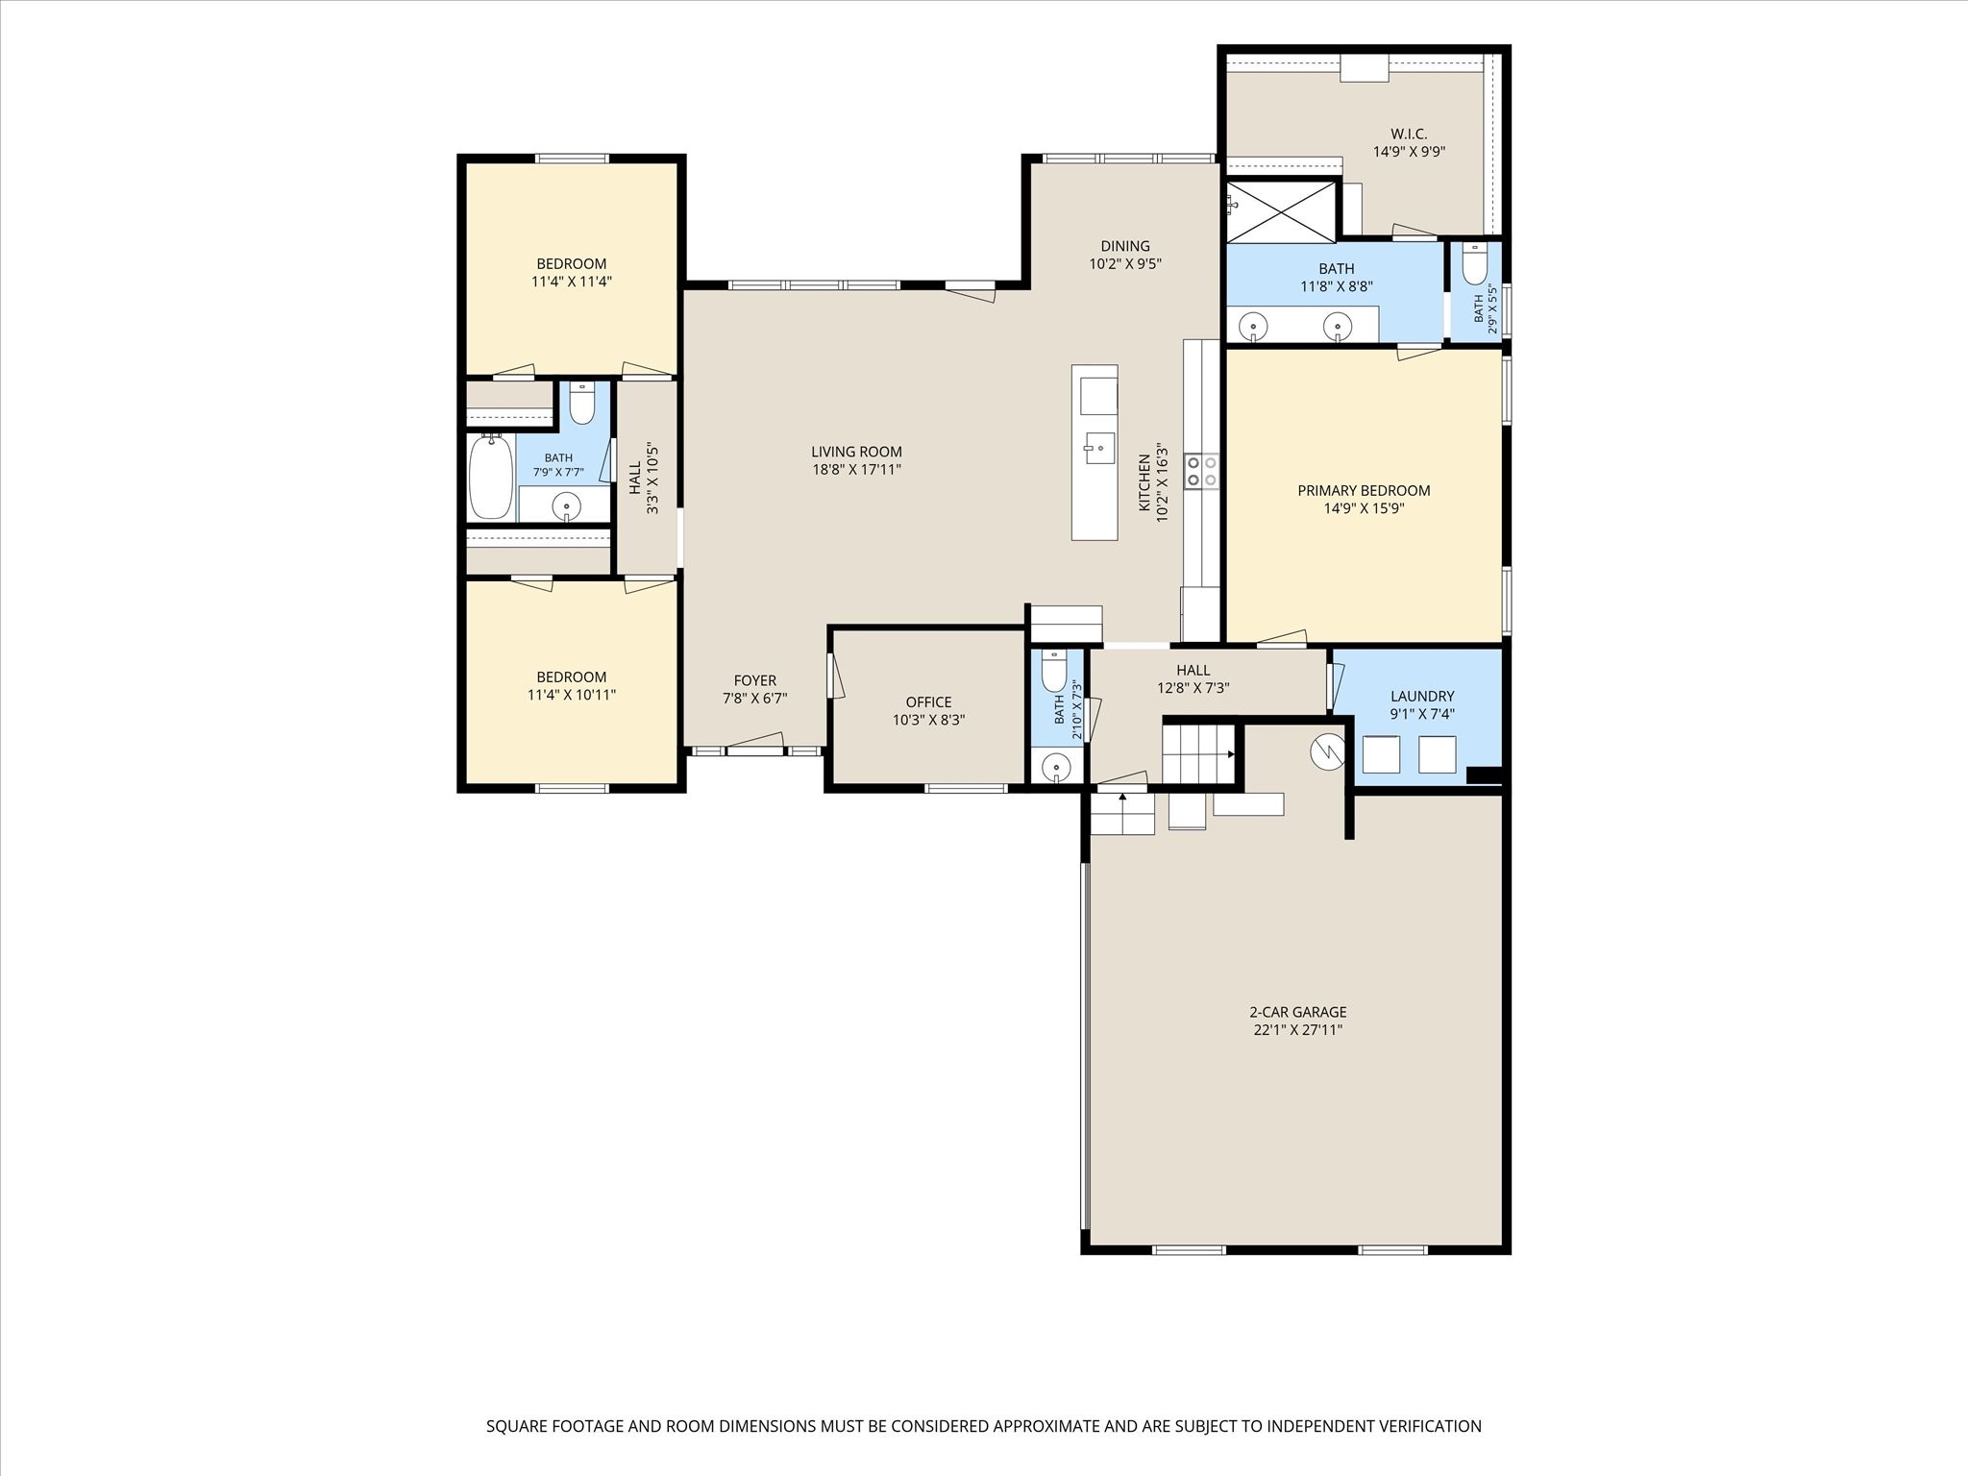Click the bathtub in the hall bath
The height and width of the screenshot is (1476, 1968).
[490, 477]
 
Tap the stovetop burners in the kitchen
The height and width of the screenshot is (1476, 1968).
[1202, 471]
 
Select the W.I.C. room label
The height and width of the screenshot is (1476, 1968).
[1409, 134]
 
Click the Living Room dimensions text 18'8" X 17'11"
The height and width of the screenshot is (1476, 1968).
[856, 470]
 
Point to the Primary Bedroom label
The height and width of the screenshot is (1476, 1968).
[1364, 490]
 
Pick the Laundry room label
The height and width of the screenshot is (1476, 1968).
[1422, 696]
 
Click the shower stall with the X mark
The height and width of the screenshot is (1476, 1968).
[1282, 210]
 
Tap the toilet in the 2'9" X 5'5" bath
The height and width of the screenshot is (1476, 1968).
[1474, 263]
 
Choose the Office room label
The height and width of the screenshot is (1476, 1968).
[928, 701]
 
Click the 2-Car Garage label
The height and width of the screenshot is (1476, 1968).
[1297, 1012]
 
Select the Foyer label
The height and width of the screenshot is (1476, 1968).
[755, 680]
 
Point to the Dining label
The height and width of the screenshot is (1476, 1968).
[1125, 246]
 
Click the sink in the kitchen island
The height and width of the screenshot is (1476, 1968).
[1098, 448]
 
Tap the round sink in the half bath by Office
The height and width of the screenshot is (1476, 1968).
[1056, 767]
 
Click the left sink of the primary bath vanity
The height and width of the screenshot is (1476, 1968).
[1253, 328]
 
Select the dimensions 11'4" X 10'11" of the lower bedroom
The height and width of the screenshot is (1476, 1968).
[572, 695]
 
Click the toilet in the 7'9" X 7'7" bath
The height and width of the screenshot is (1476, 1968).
[582, 403]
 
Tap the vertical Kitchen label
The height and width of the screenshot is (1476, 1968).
[1144, 482]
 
